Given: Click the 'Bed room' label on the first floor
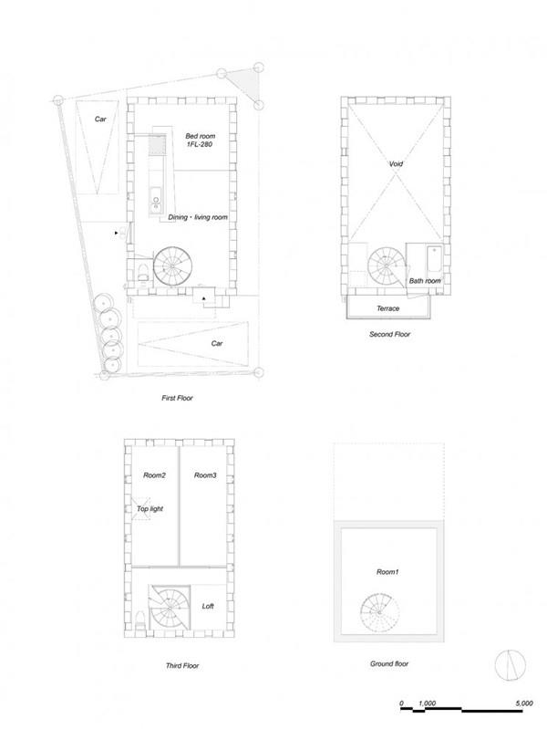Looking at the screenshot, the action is point(201,136).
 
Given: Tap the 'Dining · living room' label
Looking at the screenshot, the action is point(198,217).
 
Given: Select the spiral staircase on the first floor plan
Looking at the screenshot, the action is point(173,266).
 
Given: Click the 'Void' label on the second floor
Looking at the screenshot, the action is point(396,163).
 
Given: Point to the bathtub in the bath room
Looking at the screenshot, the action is point(434,260).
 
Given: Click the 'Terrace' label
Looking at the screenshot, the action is point(388,308).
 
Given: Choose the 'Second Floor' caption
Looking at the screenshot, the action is point(390,334).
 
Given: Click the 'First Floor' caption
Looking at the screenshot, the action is point(177,398).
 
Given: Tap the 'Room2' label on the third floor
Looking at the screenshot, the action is point(154,475).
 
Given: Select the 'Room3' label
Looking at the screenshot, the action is point(205,475).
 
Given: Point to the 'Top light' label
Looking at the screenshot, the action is point(150,509).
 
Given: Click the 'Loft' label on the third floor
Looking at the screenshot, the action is point(208,606).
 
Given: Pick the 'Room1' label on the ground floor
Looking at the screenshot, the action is point(387,572).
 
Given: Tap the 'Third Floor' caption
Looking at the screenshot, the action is point(182,666).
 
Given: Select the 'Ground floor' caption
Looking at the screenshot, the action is point(389,664).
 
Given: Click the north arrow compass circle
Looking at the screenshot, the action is point(511,664).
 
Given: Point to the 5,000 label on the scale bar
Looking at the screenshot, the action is point(524,703).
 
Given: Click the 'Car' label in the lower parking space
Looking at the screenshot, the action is point(217,344).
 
